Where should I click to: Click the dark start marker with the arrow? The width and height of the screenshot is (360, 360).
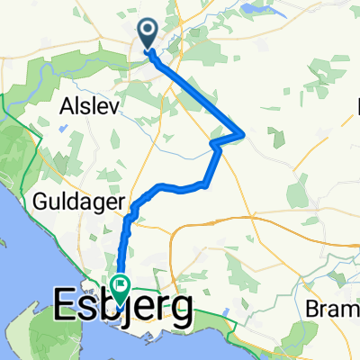[148, 33]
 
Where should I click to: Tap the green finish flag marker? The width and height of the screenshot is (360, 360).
[121, 286]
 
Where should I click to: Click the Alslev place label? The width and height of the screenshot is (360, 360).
[87, 105]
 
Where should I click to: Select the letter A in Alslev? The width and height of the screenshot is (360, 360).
[66, 105]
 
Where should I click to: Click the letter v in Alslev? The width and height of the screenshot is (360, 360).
[110, 105]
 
